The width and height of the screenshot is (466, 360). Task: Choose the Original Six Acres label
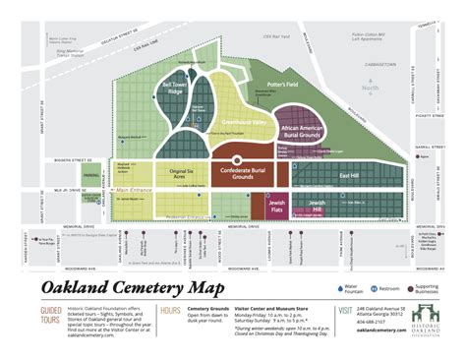pos(181,174)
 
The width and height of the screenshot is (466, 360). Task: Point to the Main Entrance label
pos(135,188)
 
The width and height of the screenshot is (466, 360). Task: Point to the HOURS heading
pos(169,312)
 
